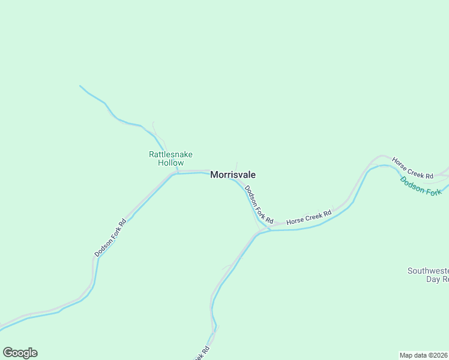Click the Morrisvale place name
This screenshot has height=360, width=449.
pos(233,175)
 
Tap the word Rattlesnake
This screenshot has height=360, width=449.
pos(170,154)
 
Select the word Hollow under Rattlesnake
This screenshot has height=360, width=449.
pos(170,163)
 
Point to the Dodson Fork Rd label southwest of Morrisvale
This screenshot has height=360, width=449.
pos(110,238)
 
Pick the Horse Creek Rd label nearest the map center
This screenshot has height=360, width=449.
pos(309,217)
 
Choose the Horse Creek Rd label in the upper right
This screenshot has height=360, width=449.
pos(412,169)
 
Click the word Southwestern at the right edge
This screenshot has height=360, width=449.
pos(428,271)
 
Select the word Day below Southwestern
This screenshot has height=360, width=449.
pos(433,279)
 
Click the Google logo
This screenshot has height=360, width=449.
pos(20,353)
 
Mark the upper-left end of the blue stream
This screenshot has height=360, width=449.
pos(80,86)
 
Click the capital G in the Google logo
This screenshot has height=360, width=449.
pos(8,353)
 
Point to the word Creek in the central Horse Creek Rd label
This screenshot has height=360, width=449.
pos(310,217)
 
